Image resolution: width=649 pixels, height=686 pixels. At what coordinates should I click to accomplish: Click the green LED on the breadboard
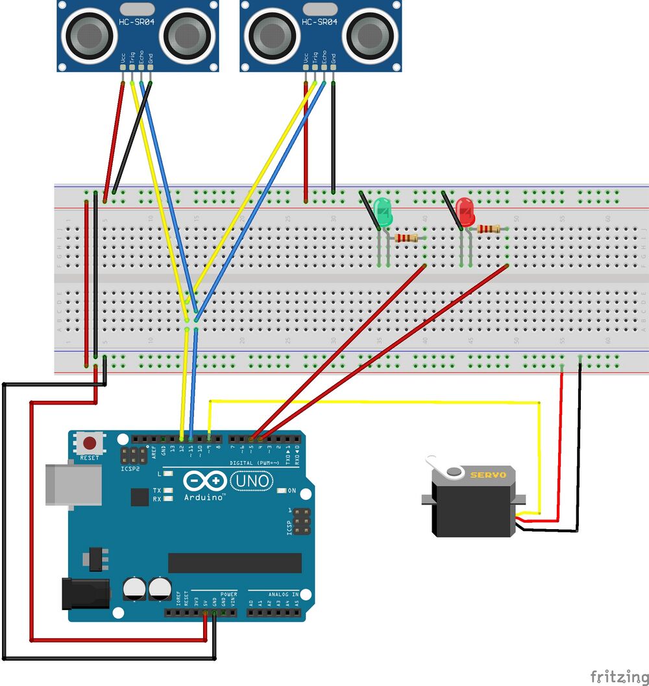coord(384,213)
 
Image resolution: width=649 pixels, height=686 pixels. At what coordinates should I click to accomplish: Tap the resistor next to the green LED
coord(406,239)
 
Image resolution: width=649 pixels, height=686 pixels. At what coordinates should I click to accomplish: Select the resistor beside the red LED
coord(489,229)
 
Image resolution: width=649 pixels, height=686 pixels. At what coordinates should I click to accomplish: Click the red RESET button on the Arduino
coord(90,444)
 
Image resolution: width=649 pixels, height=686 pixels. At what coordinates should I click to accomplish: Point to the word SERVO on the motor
coord(488,475)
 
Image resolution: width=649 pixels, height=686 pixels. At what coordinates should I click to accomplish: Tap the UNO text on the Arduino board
coord(248,481)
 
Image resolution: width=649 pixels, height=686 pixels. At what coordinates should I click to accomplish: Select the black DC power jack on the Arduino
coord(83,593)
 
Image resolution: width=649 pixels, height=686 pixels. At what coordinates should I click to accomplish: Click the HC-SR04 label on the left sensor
coord(136,21)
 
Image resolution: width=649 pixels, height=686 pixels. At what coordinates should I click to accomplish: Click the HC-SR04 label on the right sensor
coord(320,21)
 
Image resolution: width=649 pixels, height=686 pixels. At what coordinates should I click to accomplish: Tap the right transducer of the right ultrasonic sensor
coord(368,36)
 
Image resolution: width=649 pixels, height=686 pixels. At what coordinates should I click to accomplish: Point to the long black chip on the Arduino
coord(235,563)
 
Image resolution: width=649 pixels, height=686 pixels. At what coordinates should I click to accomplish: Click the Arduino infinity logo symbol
coord(204,481)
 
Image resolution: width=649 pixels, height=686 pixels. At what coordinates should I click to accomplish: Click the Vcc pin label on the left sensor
coord(123,60)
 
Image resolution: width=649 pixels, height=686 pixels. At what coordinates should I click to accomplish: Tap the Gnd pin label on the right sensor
coord(334,60)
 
